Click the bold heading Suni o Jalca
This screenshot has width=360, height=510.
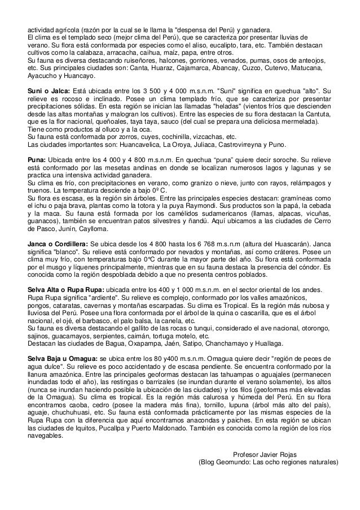[x=49, y=90]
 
